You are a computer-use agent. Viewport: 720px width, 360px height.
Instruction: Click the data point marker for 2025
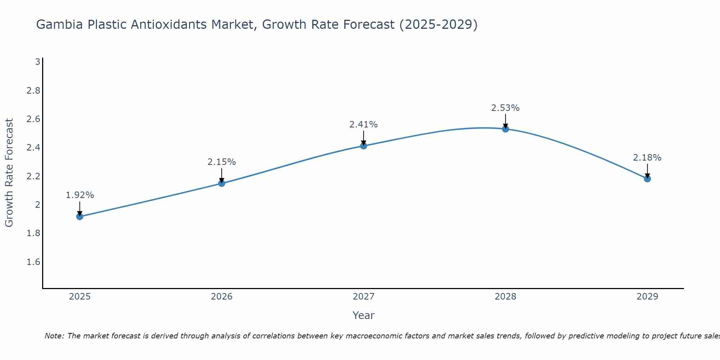[80, 216]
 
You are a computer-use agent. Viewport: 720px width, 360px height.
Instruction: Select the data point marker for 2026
[222, 183]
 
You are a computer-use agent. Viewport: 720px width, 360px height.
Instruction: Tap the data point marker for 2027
[364, 146]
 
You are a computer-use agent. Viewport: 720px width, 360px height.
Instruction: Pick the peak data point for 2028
[505, 129]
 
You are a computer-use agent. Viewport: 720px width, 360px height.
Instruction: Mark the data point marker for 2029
[647, 179]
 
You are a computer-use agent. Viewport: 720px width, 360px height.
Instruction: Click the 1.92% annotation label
[80, 195]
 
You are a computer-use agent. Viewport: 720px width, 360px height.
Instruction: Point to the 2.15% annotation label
[222, 162]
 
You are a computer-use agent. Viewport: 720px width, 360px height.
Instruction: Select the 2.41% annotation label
[364, 125]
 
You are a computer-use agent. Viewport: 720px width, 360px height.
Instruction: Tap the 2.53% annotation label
[505, 108]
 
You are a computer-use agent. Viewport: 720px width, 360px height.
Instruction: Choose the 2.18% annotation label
[647, 158]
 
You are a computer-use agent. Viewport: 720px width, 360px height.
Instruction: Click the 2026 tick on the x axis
[222, 297]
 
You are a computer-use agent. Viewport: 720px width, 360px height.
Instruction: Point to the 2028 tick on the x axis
[505, 297]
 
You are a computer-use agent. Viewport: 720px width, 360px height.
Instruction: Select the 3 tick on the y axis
[37, 62]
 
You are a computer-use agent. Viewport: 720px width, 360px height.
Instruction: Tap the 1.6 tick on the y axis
[33, 262]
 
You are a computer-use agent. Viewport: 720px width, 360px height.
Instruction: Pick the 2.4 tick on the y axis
[33, 148]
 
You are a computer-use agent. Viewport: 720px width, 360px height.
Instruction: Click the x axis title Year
[364, 315]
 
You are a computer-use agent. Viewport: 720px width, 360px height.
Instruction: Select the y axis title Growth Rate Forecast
[9, 173]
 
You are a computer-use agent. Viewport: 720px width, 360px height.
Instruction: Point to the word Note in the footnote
[54, 336]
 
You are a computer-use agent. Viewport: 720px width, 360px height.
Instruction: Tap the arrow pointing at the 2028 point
[505, 121]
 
